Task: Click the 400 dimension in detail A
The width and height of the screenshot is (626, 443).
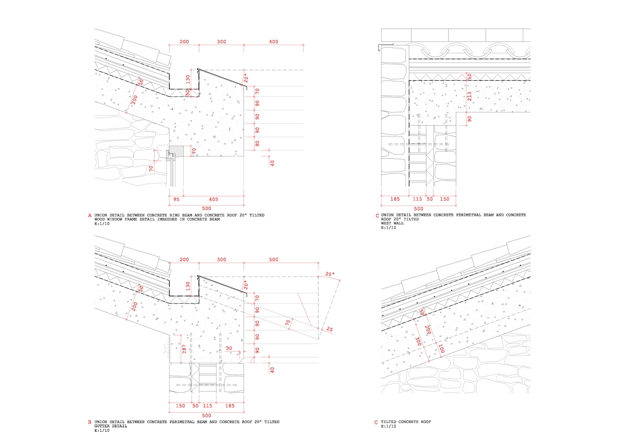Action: click(x=274, y=42)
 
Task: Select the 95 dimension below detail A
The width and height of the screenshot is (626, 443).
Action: click(x=176, y=199)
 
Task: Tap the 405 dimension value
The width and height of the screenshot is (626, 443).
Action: click(x=213, y=199)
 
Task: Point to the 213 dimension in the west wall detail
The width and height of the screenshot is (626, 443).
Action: click(x=469, y=96)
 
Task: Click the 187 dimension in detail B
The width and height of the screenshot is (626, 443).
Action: click(x=184, y=349)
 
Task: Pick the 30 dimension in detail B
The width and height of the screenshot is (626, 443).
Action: click(x=229, y=348)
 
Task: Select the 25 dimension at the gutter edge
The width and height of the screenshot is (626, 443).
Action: click(x=329, y=329)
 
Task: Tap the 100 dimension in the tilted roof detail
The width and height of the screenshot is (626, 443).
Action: click(x=441, y=349)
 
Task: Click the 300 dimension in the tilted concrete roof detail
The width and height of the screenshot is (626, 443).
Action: click(x=418, y=341)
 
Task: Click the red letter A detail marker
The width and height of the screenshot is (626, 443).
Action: click(x=90, y=216)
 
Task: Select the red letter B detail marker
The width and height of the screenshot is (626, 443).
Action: click(x=90, y=422)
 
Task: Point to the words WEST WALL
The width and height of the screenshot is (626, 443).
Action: click(x=392, y=223)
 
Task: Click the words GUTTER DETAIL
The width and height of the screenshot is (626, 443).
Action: click(x=111, y=426)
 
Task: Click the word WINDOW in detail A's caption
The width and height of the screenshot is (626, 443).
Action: click(x=115, y=219)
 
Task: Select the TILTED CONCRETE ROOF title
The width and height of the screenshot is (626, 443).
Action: click(x=406, y=422)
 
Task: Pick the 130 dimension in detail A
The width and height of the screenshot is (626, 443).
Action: click(x=188, y=79)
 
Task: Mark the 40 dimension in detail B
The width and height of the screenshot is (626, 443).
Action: click(x=272, y=370)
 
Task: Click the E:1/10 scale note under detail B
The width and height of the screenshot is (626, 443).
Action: click(x=102, y=431)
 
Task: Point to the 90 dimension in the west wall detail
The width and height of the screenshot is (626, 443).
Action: click(x=469, y=119)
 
